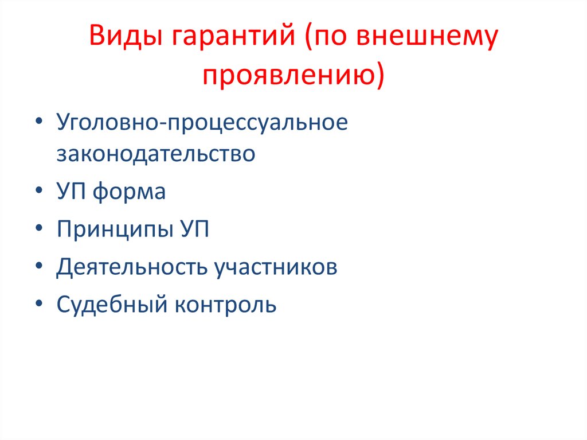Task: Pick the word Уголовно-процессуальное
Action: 202,123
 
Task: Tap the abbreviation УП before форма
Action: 72,192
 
